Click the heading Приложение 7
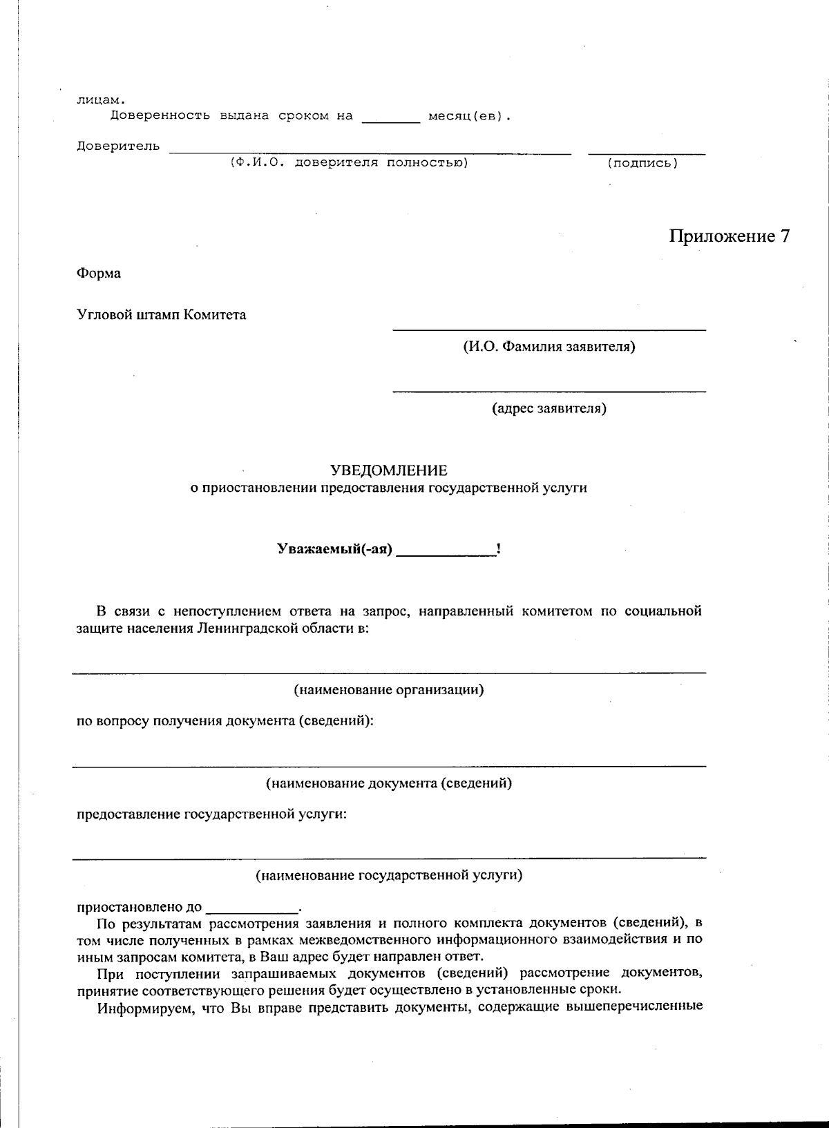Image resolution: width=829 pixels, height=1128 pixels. [x=728, y=236]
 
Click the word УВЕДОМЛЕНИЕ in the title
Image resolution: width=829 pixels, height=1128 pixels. [x=389, y=470]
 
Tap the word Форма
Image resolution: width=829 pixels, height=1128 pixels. [x=98, y=273]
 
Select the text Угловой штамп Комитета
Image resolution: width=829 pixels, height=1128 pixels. [x=161, y=315]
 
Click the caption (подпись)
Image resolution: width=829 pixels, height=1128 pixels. [x=642, y=163]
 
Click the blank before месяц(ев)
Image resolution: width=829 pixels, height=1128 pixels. [x=390, y=117]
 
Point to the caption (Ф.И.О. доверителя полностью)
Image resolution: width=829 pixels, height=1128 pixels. [x=349, y=162]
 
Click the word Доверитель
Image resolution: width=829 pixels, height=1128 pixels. [x=117, y=146]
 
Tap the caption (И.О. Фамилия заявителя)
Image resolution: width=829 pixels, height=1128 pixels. [x=549, y=346]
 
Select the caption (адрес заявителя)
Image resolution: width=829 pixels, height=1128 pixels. [x=549, y=408]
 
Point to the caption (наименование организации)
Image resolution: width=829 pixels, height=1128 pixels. [x=389, y=689]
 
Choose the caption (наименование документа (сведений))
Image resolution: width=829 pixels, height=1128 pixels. [x=389, y=783]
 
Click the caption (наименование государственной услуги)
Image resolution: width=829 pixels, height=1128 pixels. [x=389, y=875]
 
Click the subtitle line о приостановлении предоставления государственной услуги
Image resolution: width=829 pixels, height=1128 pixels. [x=389, y=488]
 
